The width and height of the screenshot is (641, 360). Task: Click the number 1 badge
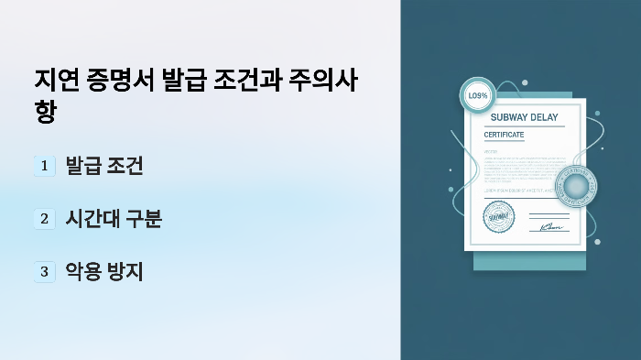(x=44, y=166)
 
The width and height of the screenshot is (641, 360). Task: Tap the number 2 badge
(x=44, y=219)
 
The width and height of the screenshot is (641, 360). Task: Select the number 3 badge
(x=44, y=271)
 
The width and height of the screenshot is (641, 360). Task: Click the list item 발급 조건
(x=103, y=166)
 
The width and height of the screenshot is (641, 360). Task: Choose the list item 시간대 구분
(x=114, y=219)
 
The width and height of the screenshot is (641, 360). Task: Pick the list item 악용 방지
(x=103, y=271)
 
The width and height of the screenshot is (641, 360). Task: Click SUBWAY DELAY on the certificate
(x=524, y=116)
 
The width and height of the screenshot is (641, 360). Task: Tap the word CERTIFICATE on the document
(x=504, y=135)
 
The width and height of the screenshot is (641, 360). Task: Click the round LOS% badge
(x=478, y=95)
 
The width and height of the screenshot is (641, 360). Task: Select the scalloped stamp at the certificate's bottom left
(x=499, y=217)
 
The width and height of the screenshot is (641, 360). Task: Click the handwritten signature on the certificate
(x=550, y=225)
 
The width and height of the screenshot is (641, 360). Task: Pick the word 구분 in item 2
(x=142, y=219)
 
